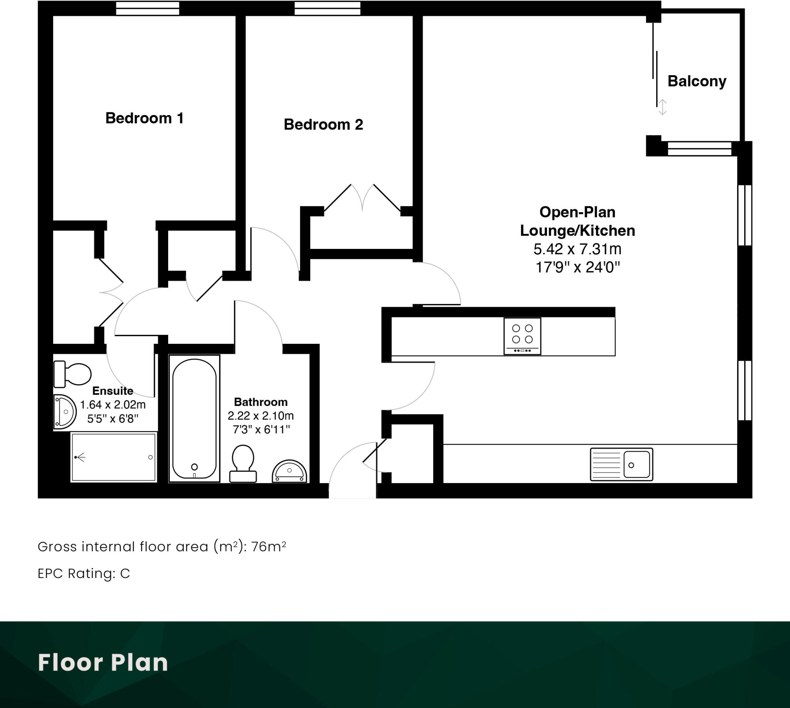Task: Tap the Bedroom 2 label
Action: pos(323,125)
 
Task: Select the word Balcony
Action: pos(697,81)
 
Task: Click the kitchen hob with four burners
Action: pos(522,336)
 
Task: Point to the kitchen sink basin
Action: pos(636,465)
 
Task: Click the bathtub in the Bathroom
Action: pos(194,418)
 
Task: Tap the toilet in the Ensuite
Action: pos(73,374)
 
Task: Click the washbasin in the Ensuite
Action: pos(64,412)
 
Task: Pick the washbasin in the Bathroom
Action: pos(289,472)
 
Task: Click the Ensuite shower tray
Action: pos(113,458)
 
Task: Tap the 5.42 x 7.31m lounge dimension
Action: pos(577,249)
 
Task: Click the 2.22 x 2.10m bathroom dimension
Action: pos(261,416)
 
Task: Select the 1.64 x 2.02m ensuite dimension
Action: pos(113,405)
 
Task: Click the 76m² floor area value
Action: pos(268,547)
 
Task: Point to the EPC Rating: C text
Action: pos(84,573)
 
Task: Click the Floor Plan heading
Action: pos(103,663)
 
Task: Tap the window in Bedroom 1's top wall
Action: pos(147,8)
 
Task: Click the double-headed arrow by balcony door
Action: pos(662,107)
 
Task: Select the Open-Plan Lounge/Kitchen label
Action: pos(577,221)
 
